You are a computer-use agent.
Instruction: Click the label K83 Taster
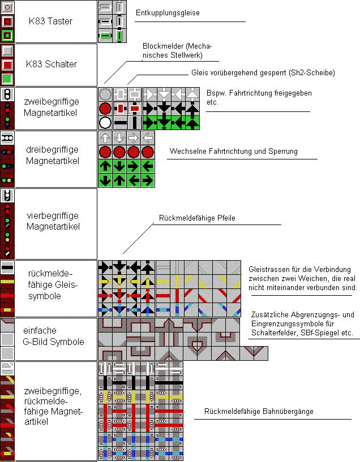click(x=50, y=21)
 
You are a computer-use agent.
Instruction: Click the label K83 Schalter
click(x=52, y=64)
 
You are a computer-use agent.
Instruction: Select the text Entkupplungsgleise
click(x=168, y=12)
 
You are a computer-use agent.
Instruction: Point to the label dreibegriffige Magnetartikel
click(x=53, y=155)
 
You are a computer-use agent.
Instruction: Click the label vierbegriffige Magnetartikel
click(x=53, y=221)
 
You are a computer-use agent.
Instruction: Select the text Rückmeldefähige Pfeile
click(x=197, y=218)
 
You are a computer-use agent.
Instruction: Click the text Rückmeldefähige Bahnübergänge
click(x=259, y=411)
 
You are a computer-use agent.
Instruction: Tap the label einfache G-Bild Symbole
click(x=53, y=336)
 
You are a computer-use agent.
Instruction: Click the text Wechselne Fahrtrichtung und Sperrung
click(x=234, y=151)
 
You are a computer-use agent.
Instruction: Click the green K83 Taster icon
click(x=7, y=36)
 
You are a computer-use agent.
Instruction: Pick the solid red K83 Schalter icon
click(x=7, y=64)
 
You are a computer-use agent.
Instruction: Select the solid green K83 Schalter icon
click(x=7, y=79)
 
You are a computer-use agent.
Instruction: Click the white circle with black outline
click(x=105, y=123)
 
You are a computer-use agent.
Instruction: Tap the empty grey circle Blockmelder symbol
click(x=105, y=94)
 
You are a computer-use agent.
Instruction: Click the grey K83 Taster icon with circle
click(x=7, y=7)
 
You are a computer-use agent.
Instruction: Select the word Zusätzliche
click(x=270, y=314)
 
